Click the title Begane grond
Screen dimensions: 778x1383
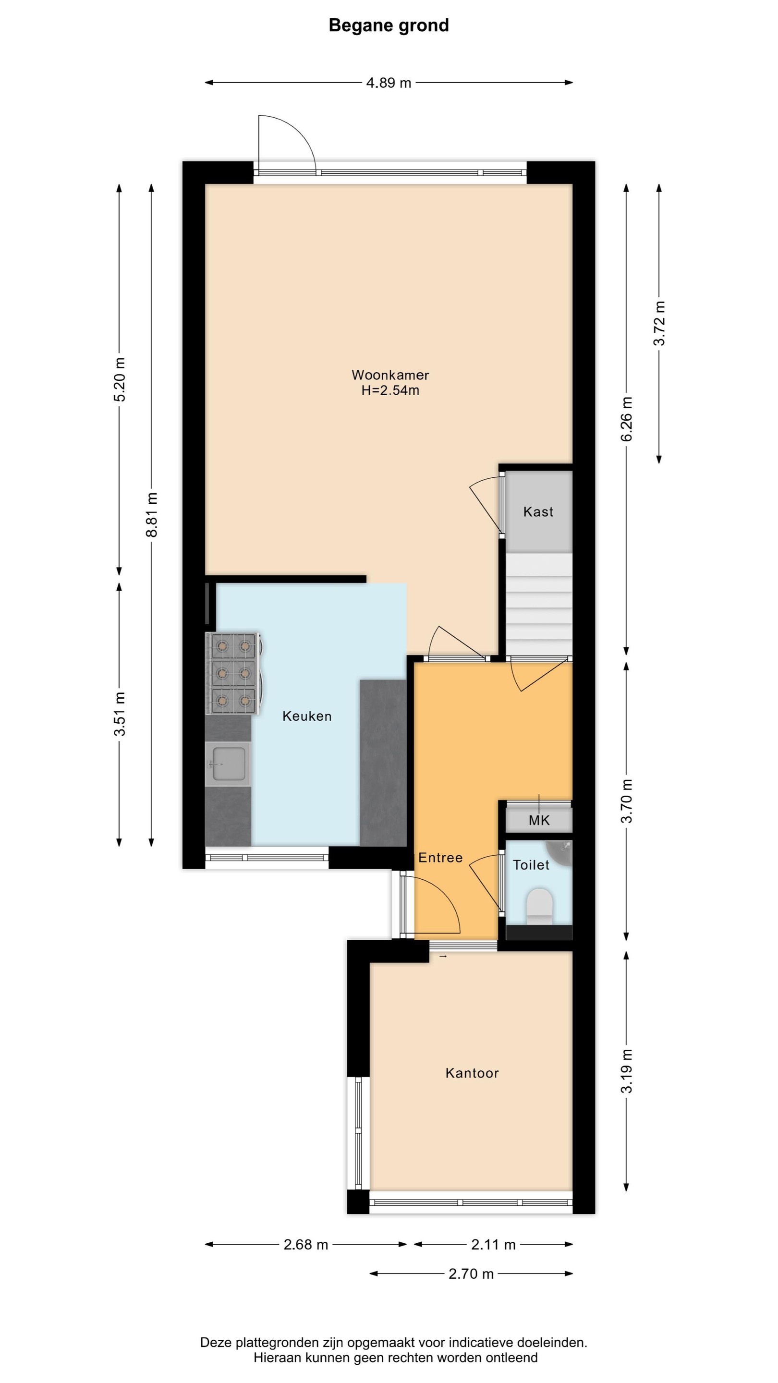pos(389,25)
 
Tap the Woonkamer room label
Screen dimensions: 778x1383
pos(390,375)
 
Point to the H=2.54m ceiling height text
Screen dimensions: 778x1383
pos(390,390)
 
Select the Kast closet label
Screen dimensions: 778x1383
pos(538,511)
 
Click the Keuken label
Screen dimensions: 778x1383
pos(307,716)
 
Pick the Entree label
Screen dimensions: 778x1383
pos(440,857)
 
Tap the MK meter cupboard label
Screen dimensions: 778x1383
pos(539,820)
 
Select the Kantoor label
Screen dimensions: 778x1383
pos(473,1073)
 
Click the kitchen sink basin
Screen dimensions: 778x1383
pos(228,764)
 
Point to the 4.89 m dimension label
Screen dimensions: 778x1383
pos(389,83)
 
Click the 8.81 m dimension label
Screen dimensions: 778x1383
pos(152,515)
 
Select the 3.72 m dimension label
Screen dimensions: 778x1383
pos(659,323)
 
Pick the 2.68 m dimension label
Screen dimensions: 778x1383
pos(306,1245)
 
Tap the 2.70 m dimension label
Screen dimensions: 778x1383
pos(472,1274)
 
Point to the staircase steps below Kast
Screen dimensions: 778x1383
pos(539,604)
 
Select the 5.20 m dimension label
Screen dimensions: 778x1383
pos(120,379)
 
